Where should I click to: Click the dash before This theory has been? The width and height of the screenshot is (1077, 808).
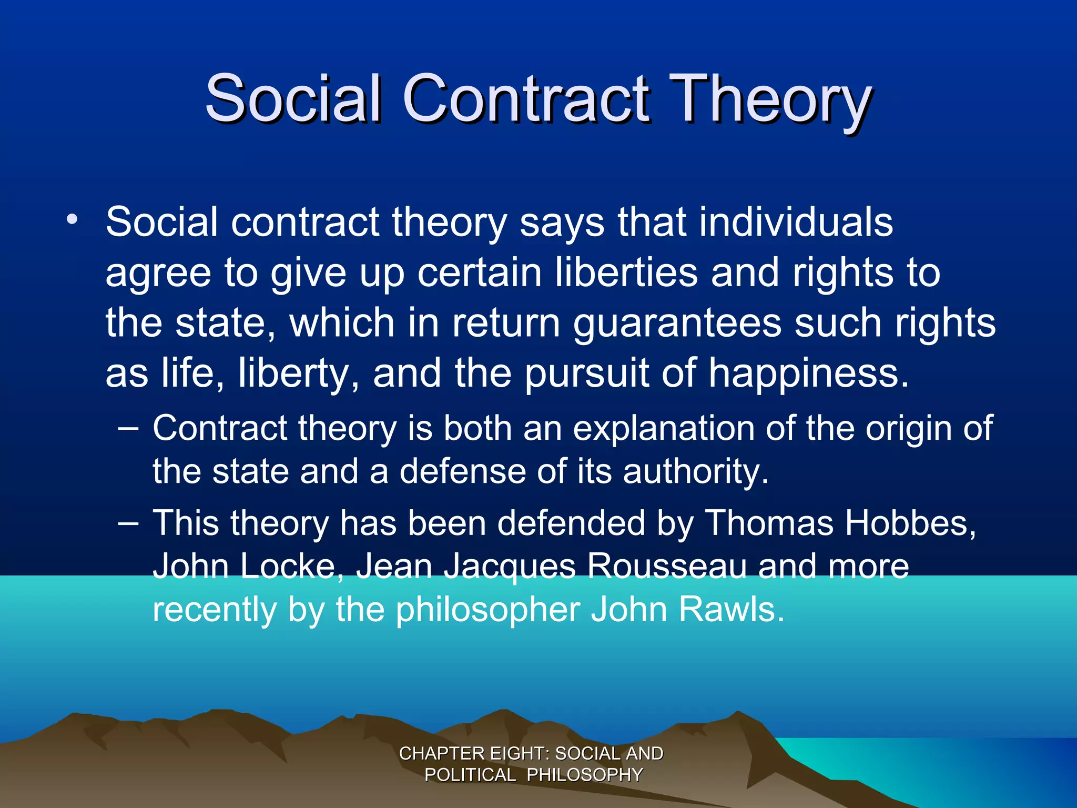pos(128,523)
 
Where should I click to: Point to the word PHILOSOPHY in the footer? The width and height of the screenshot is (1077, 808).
pos(584,775)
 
